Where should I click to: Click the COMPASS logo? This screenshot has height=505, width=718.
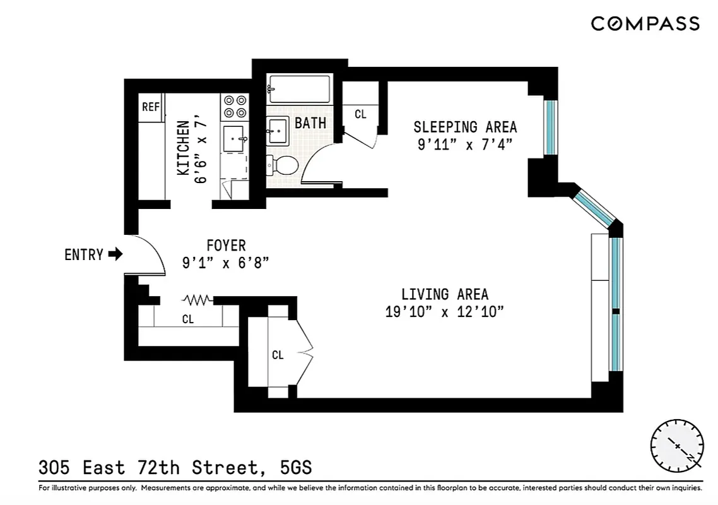click(645, 24)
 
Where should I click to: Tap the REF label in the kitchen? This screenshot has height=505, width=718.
click(151, 107)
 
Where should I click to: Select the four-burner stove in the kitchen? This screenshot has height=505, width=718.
click(235, 107)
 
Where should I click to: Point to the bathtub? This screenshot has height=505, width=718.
click(299, 89)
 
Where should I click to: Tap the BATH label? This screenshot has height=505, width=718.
click(310, 122)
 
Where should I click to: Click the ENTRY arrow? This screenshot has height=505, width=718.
click(115, 254)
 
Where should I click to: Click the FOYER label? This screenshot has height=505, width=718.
click(226, 245)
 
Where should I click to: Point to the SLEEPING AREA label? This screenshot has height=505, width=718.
click(465, 126)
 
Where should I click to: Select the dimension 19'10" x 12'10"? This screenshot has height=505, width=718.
click(445, 312)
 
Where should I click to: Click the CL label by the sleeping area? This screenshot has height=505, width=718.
click(360, 114)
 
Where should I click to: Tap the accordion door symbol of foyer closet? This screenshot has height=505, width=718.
click(197, 299)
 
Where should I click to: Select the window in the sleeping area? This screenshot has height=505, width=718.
click(551, 127)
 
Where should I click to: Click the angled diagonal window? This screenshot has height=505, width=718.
click(594, 206)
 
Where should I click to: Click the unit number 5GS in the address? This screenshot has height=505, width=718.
click(295, 468)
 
